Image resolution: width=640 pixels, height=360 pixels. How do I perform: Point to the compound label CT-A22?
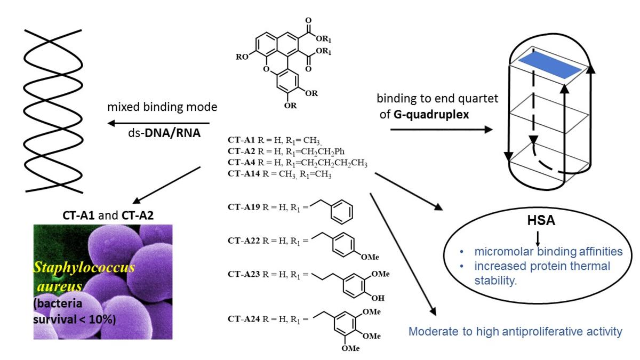tap(242, 241)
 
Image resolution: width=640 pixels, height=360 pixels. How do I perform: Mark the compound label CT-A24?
tap(242, 320)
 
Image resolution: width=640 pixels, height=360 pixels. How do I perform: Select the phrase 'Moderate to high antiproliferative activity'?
tap(515, 332)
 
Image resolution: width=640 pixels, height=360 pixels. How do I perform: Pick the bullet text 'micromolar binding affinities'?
tap(540, 252)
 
